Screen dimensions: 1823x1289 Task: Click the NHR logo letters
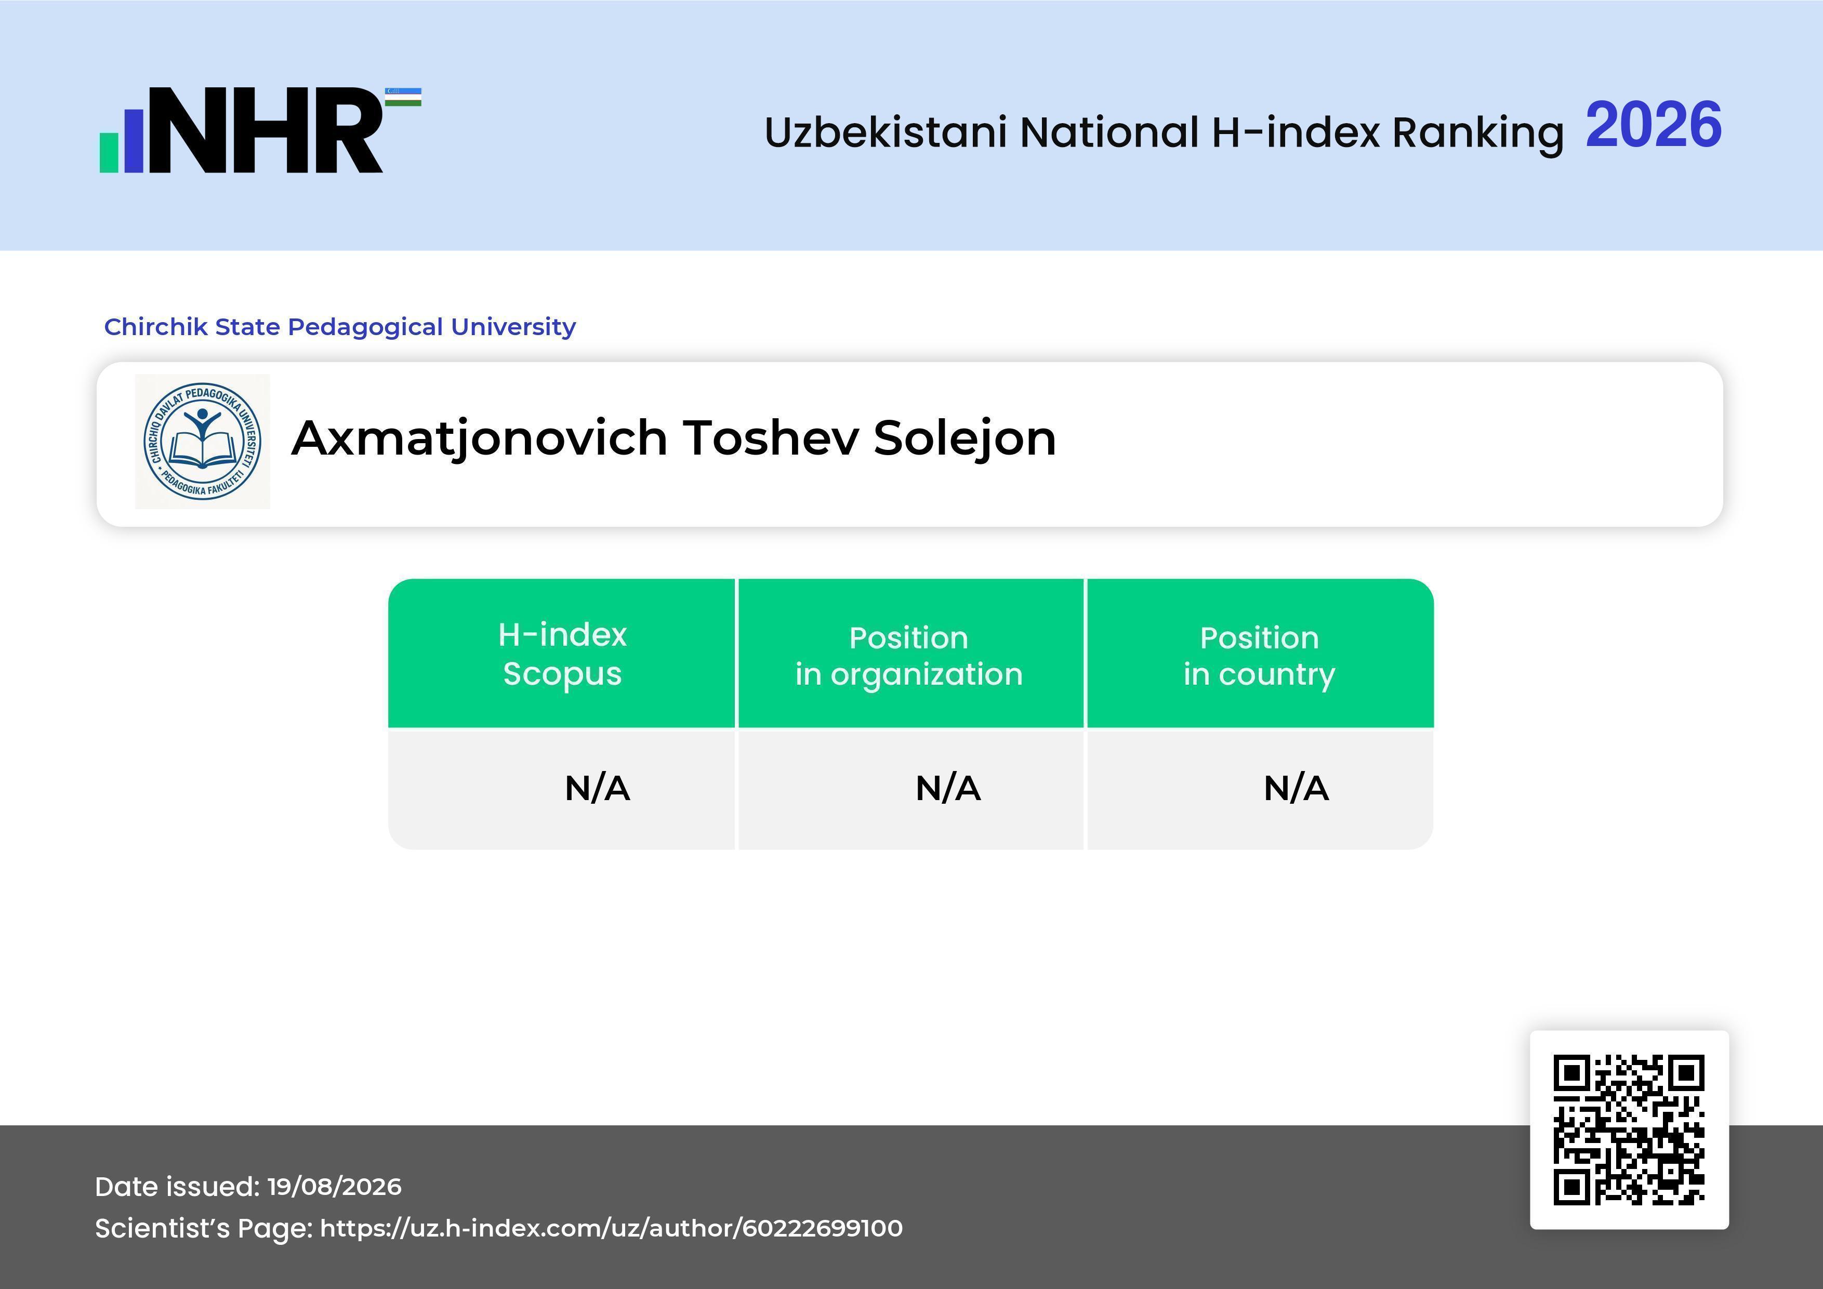point(266,130)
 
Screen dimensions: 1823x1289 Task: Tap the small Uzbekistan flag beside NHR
point(403,97)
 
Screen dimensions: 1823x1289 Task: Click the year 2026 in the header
point(1653,125)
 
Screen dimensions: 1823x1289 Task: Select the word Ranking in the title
point(1477,132)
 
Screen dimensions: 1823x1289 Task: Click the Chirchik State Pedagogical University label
point(340,326)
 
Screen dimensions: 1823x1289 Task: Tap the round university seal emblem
point(203,441)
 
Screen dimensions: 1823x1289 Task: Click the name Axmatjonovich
point(480,439)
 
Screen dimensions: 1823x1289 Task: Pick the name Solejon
point(965,439)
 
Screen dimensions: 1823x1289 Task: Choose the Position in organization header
point(909,656)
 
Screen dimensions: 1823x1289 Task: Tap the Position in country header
point(1259,656)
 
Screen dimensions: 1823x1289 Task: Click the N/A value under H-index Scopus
point(597,788)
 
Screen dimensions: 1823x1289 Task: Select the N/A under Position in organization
point(948,788)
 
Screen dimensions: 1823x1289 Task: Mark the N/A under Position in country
point(1296,788)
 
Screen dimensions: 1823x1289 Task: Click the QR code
point(1629,1129)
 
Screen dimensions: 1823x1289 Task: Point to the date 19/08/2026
point(334,1187)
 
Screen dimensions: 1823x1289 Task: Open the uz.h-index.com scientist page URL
point(611,1229)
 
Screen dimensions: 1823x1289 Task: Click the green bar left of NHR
point(109,152)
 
